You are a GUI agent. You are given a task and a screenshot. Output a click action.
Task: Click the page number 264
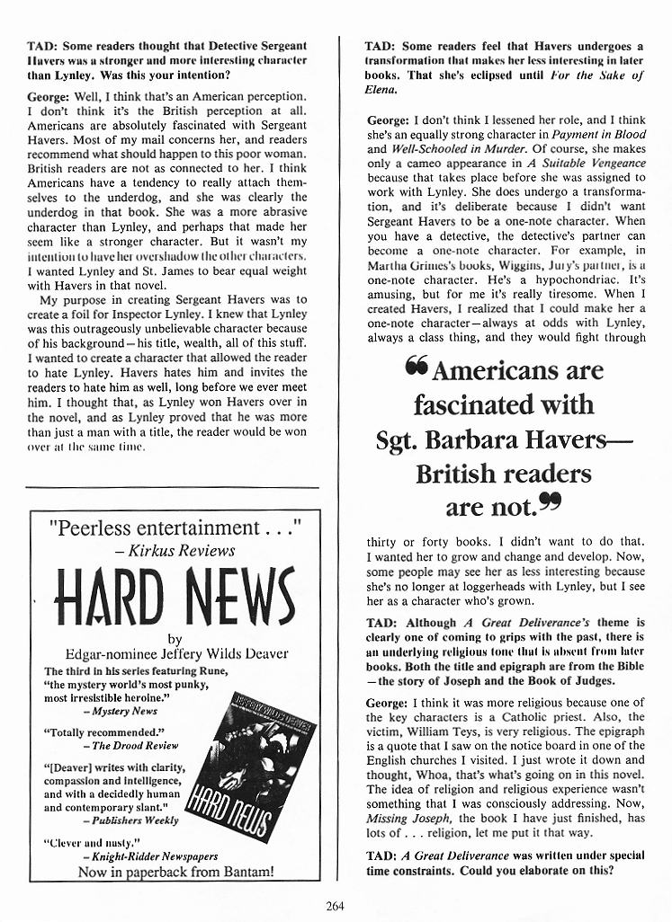click(336, 905)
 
